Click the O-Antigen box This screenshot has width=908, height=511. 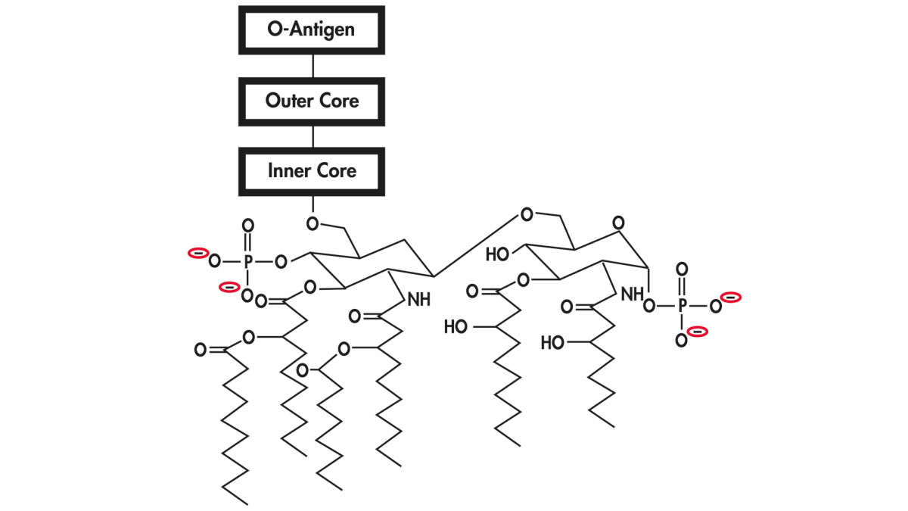click(x=312, y=30)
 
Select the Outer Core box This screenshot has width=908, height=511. click(x=312, y=101)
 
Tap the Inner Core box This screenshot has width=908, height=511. click(x=312, y=171)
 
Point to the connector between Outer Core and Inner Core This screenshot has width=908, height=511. click(x=312, y=136)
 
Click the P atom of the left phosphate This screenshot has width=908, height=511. click(x=247, y=262)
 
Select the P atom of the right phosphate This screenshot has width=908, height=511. click(x=682, y=306)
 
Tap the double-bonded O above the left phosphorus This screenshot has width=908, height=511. click(x=247, y=226)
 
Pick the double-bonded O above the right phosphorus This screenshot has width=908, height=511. click(x=682, y=270)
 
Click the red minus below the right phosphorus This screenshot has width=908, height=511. click(x=698, y=331)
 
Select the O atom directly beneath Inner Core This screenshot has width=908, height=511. click(x=312, y=223)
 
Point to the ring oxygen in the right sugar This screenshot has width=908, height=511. click(x=619, y=223)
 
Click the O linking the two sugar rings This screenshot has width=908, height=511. click(x=526, y=215)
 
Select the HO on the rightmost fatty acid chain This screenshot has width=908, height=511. click(x=553, y=343)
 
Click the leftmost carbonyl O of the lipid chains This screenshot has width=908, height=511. click(x=201, y=350)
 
